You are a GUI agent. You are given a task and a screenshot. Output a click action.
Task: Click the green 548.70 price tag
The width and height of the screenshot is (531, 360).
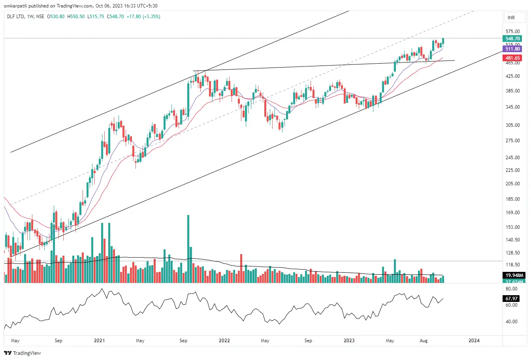pyautogui.click(x=512, y=39)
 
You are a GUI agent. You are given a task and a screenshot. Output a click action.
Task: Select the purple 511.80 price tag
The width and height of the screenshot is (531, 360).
pyautogui.click(x=512, y=49)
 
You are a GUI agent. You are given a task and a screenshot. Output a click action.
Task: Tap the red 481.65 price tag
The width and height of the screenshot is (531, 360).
pyautogui.click(x=512, y=58)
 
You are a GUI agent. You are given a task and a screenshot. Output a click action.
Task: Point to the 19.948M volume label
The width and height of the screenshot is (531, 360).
pyautogui.click(x=514, y=275)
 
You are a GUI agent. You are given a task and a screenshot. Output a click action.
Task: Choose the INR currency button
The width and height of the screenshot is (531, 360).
pyautogui.click(x=511, y=18)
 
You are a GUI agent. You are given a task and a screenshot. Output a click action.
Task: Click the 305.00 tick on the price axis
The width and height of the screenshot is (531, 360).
pyautogui.click(x=512, y=125)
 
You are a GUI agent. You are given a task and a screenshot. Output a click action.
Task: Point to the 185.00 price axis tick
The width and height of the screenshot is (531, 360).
pyautogui.click(x=512, y=199)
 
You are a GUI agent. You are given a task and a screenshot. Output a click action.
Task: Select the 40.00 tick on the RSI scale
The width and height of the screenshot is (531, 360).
pyautogui.click(x=511, y=322)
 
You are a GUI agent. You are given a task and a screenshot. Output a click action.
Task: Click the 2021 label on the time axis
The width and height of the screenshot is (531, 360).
pyautogui.click(x=100, y=341)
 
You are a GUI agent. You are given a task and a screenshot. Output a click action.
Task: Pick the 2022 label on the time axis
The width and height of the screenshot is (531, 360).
pyautogui.click(x=224, y=341)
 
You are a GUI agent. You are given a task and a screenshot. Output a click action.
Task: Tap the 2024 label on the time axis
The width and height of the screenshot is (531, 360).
pyautogui.click(x=474, y=341)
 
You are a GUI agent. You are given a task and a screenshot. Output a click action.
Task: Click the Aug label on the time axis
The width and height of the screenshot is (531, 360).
pyautogui.click(x=424, y=341)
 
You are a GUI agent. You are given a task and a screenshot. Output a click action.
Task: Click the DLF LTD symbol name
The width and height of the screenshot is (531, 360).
pyautogui.click(x=16, y=17)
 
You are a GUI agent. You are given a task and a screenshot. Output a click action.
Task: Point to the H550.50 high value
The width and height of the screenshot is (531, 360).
pyautogui.click(x=76, y=17)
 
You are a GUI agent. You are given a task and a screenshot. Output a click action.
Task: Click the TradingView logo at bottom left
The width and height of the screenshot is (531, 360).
pyautogui.click(x=23, y=353)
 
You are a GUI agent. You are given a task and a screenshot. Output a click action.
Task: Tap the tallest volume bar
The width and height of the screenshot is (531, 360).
pyautogui.click(x=188, y=249)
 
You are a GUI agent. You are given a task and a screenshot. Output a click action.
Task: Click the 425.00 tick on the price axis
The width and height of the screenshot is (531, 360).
pyautogui.click(x=512, y=76)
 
